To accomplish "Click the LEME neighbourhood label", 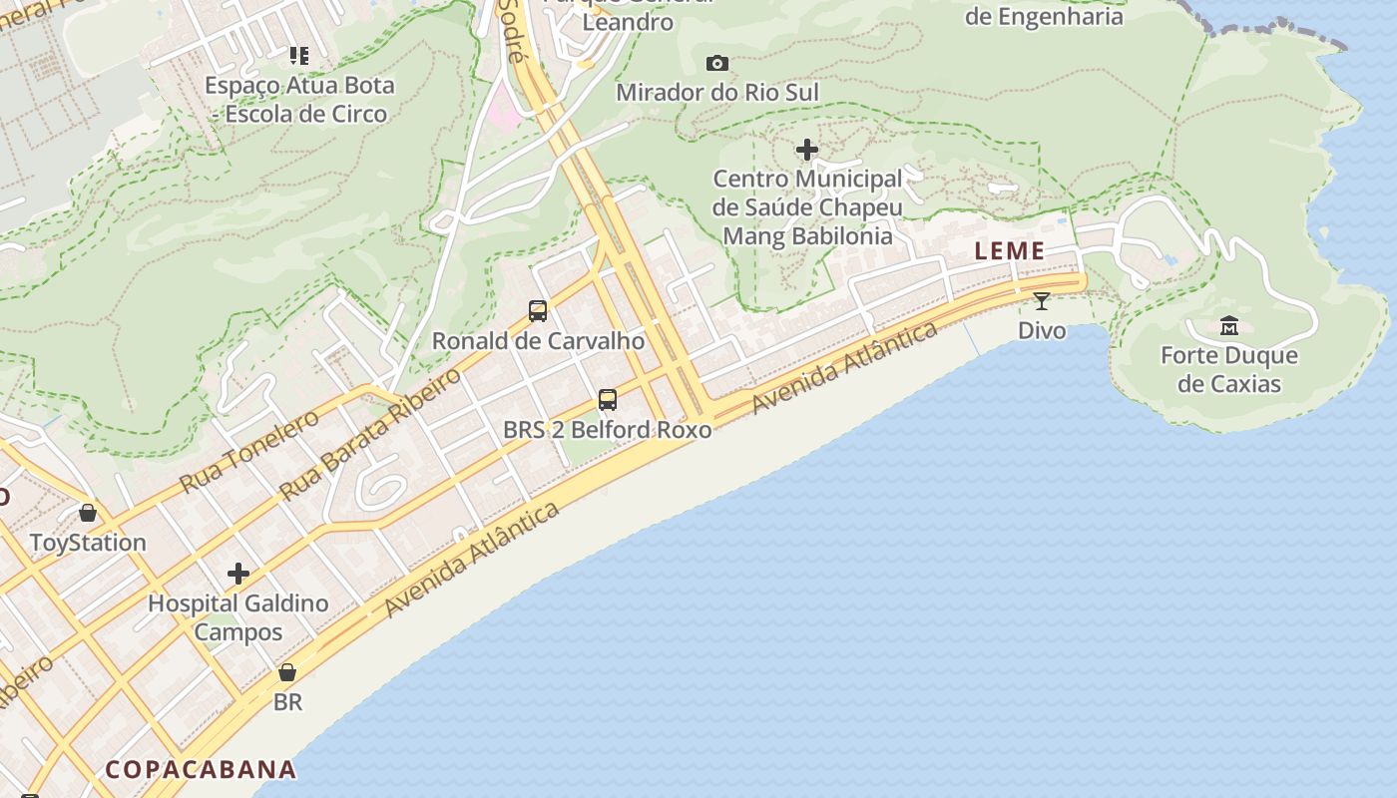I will tap(1010, 251).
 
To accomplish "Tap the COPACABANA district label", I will tap(201, 769).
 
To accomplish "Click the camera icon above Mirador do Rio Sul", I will tap(716, 64).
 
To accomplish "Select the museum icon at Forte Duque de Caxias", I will tap(1229, 325).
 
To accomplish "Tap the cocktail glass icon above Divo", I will tap(1042, 300).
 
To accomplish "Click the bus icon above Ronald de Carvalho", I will tap(538, 311).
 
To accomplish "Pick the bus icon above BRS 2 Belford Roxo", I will tap(608, 400).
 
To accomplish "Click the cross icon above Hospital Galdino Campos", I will tap(238, 574).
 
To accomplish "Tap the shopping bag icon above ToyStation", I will tap(88, 513).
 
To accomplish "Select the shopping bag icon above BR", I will tap(287, 672).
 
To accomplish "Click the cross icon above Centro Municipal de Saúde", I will tap(807, 150).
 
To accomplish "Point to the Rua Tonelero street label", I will tap(250, 450).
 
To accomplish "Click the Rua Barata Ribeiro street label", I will tap(370, 434).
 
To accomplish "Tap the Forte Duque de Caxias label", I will tap(1229, 369).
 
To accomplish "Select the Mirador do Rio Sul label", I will tap(717, 93).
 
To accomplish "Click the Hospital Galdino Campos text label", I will tap(238, 617).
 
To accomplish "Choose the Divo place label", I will tap(1042, 329).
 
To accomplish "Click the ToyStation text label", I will tap(88, 543).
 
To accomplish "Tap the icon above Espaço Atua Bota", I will tap(299, 55).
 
